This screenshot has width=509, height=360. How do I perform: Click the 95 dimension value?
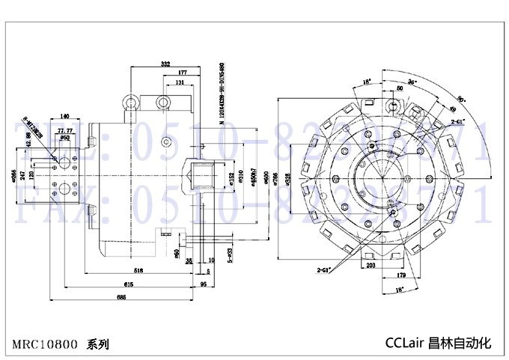[204, 284]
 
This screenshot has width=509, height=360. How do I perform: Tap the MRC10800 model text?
[44, 345]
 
